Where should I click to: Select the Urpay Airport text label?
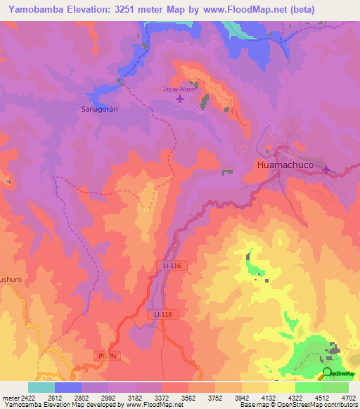coord(173,89)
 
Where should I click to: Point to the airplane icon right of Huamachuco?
coord(326,169)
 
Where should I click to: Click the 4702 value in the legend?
coord(349,397)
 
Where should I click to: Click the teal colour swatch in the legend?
coord(41,387)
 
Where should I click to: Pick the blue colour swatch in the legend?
coord(67,387)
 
